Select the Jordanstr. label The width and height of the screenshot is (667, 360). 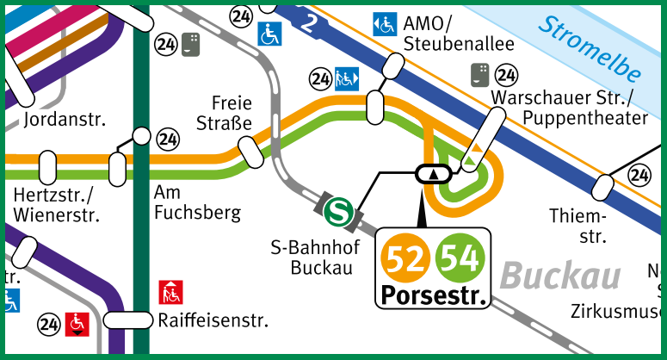click(59, 118)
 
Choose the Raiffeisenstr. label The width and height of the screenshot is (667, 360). click(213, 321)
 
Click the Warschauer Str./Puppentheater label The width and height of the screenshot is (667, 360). click(569, 106)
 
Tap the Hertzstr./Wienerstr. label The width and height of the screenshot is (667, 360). click(57, 204)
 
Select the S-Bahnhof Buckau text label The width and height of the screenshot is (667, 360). click(312, 258)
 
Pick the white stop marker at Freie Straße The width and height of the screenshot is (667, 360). click(252, 152)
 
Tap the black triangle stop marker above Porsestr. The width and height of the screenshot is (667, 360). click(433, 173)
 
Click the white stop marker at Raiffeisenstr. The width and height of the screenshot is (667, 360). click(127, 320)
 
